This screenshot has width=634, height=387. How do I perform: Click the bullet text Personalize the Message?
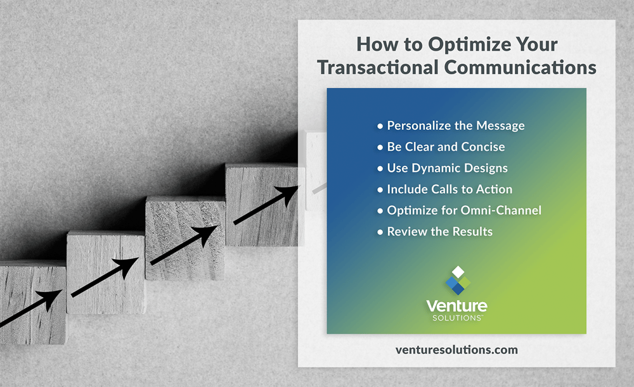click(x=456, y=125)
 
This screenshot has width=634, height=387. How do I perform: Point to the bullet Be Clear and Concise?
click(x=446, y=147)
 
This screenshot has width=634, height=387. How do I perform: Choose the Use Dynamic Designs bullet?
click(x=448, y=168)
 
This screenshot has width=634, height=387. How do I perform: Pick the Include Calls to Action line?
click(x=450, y=189)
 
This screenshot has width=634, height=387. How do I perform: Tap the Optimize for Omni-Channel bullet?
click(x=464, y=210)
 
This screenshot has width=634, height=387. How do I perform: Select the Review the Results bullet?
click(x=439, y=232)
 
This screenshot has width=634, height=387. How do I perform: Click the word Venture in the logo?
click(x=457, y=306)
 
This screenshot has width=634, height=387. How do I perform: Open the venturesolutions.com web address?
click(x=456, y=350)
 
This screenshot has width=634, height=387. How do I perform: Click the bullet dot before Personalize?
click(x=380, y=126)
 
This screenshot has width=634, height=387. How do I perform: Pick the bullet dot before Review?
click(x=380, y=232)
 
